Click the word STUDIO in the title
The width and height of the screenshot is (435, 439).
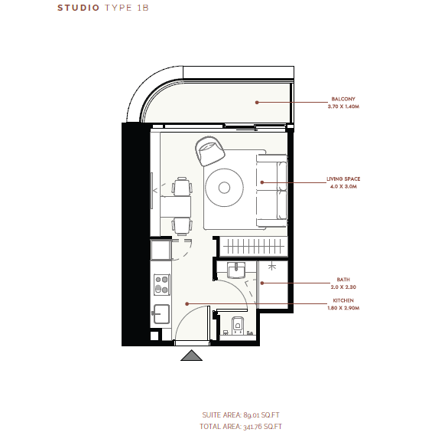pos(78,8)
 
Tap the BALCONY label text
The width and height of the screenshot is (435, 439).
pos(343,99)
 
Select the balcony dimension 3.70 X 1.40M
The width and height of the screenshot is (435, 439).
pos(343,106)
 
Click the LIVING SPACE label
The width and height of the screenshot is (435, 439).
pos(343,179)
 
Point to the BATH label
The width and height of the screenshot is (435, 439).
pos(343,280)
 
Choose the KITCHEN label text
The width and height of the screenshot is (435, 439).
pos(343,300)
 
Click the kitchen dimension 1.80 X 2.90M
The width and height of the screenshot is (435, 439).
pos(343,308)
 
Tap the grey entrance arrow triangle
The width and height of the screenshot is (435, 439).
pos(191,355)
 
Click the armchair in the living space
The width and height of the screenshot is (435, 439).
pos(209,151)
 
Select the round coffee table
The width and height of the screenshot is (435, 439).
pos(224,188)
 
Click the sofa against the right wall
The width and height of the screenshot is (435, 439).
pos(272,190)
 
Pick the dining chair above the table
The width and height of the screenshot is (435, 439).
pos(182,186)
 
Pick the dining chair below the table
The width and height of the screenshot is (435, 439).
pos(182,226)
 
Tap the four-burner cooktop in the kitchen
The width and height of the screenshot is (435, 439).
pos(162,285)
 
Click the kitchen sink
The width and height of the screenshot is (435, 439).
pos(161,314)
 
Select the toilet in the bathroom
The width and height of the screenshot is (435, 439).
pos(238,325)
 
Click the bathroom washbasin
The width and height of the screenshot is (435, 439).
pos(236,270)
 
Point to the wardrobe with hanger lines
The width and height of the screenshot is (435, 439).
pos(253,247)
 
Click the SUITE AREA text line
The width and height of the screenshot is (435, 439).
pos(241,415)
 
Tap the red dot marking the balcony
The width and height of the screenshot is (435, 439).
pos(257,103)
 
